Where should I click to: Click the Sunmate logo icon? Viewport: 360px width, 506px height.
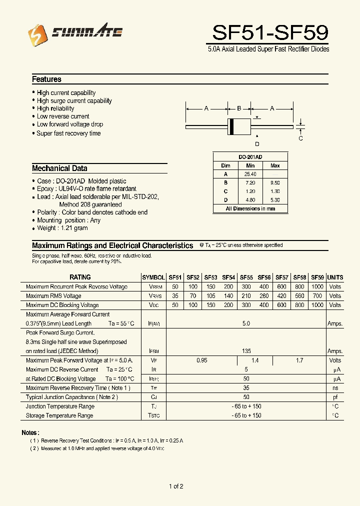point(35,33)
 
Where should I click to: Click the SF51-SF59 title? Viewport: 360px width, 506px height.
point(270,33)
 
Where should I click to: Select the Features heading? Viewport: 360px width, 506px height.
point(46,79)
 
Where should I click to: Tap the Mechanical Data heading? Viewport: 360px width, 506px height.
point(59,168)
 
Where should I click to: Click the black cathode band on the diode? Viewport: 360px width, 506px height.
point(231,127)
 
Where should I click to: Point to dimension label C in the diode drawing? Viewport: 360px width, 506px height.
point(300,138)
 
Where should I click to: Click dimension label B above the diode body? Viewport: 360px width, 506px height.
point(239,108)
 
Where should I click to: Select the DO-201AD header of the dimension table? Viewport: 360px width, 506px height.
point(250,156)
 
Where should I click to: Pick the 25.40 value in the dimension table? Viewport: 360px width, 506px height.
point(250,174)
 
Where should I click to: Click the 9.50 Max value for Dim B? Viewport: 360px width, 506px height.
point(275,183)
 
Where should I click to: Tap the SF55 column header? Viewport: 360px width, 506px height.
point(246,277)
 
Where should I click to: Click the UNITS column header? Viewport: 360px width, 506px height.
point(335,277)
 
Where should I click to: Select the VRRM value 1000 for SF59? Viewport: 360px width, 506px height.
point(317,287)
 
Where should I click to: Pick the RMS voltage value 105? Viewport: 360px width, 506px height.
point(210,296)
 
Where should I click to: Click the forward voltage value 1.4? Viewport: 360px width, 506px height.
point(255,360)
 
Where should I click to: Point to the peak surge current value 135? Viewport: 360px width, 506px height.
point(246,351)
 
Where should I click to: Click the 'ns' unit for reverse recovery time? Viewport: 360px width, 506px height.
point(335,388)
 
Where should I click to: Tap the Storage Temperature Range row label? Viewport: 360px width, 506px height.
point(59,415)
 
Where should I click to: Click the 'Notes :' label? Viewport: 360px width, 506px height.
point(30,432)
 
